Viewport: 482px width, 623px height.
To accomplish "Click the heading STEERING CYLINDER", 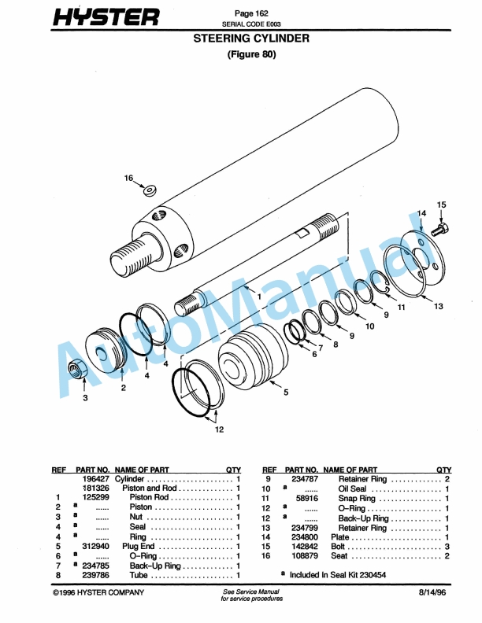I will point(251,38).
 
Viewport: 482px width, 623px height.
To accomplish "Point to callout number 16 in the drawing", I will point(128,179).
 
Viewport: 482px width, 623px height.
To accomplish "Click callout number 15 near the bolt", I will point(442,205).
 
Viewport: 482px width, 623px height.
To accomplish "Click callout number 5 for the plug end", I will point(285,391).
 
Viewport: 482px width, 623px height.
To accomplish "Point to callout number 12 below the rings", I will point(219,429).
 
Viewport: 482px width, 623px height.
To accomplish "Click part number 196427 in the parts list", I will point(95,479).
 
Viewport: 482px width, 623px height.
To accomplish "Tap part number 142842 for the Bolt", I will point(302,545).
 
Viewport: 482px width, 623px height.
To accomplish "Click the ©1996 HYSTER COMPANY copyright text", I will point(94,592).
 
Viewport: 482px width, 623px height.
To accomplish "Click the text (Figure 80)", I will point(251,55).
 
